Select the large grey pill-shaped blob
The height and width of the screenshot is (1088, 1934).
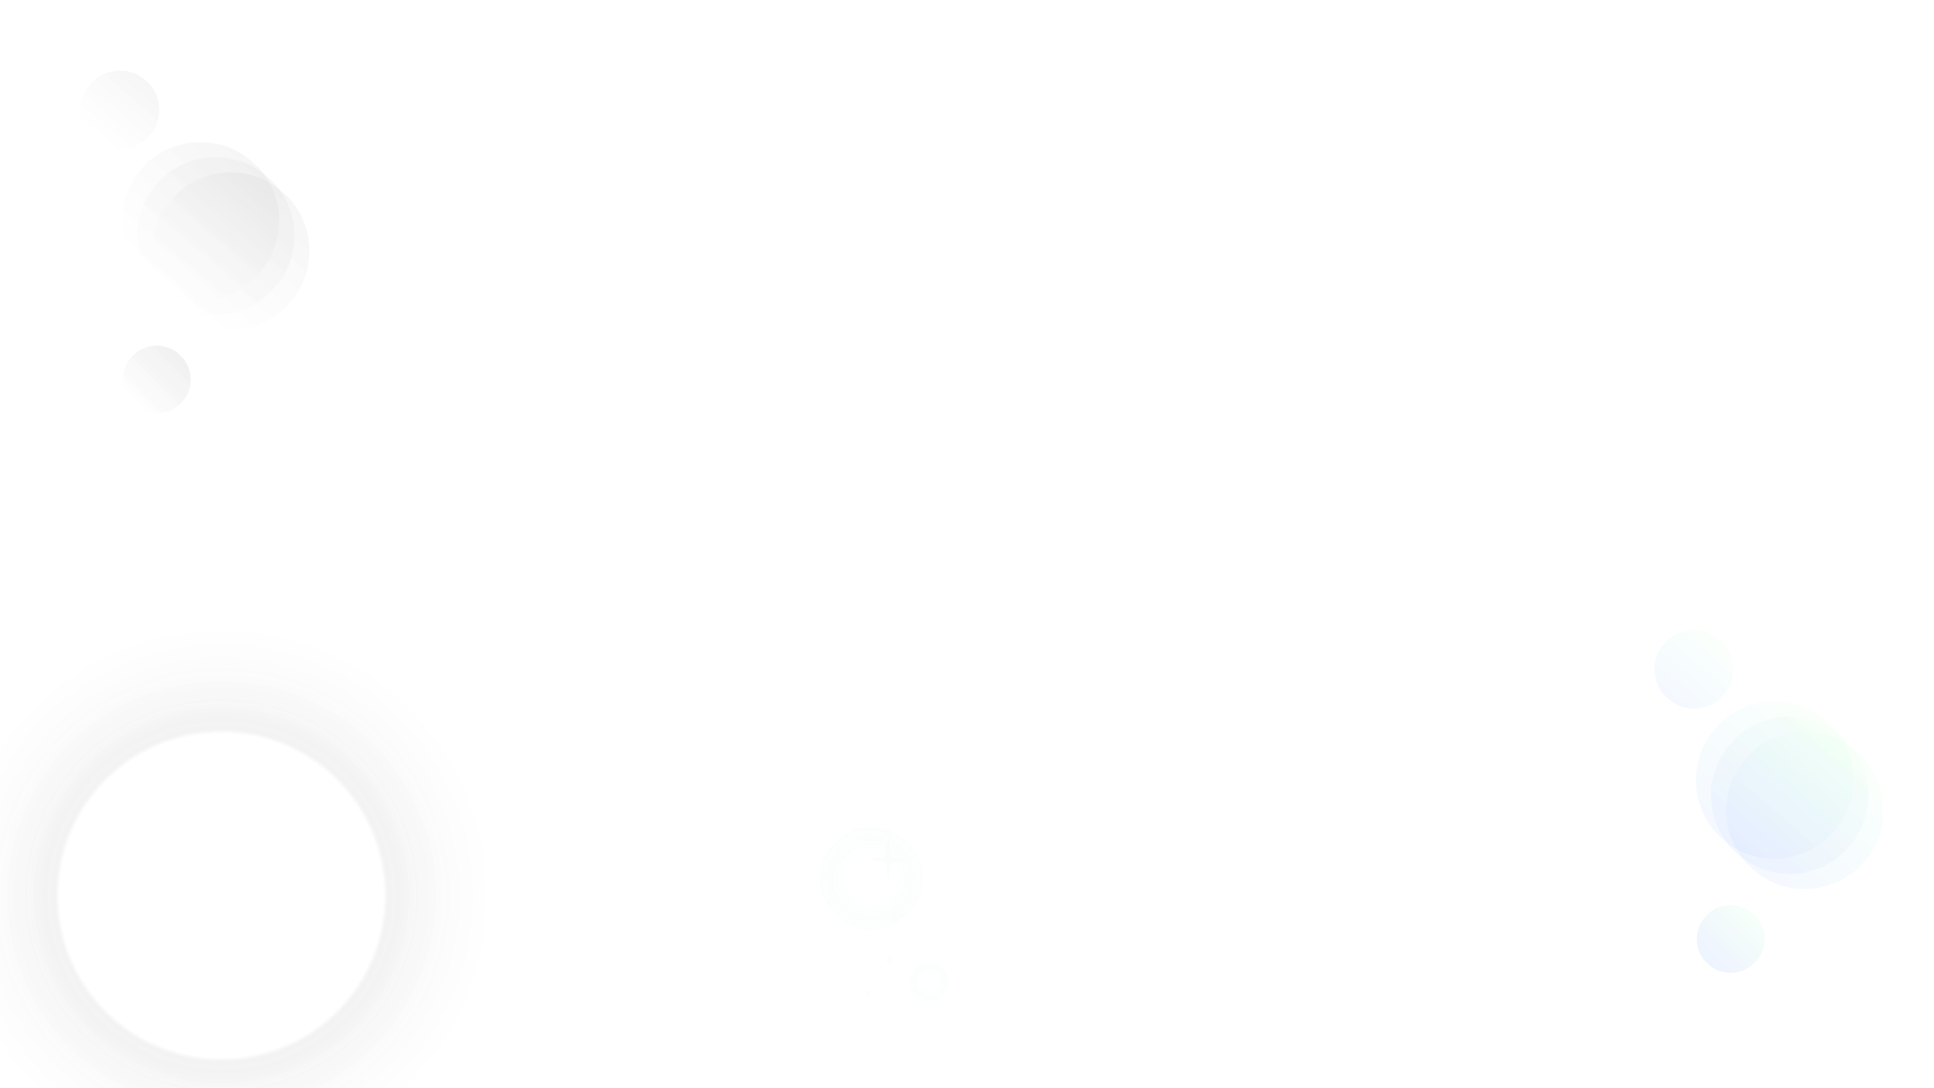215,235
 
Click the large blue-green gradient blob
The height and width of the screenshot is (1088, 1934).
1789,794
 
